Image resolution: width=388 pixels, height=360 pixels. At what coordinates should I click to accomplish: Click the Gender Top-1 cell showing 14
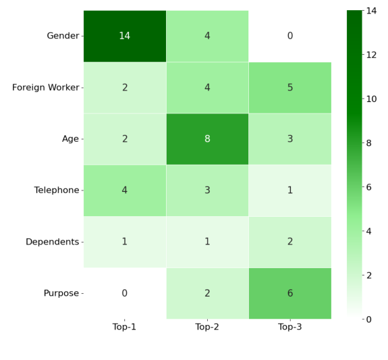click(x=124, y=36)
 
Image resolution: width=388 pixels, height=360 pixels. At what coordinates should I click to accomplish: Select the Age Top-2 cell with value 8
click(x=207, y=139)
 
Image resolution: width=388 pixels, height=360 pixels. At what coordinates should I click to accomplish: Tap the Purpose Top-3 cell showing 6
click(x=290, y=293)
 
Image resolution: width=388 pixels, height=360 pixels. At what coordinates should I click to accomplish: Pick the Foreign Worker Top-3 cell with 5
click(x=290, y=87)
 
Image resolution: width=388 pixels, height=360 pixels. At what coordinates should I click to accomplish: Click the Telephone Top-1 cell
click(x=124, y=190)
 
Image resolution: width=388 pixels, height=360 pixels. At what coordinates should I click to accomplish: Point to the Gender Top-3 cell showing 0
click(x=290, y=36)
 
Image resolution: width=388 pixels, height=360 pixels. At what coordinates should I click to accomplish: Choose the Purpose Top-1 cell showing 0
click(x=124, y=293)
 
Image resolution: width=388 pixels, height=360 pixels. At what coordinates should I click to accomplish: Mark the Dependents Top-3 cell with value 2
click(x=290, y=242)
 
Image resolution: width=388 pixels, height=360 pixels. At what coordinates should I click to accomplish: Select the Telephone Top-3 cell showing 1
click(x=290, y=190)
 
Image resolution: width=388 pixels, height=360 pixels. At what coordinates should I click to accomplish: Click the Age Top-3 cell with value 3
click(x=290, y=139)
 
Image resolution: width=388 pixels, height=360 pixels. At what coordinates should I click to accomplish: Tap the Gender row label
click(x=63, y=36)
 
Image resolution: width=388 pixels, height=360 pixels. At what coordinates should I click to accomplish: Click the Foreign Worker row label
click(x=45, y=87)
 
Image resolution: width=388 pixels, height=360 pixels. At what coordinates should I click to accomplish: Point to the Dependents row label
click(x=52, y=242)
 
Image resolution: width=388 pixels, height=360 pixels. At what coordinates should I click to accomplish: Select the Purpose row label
click(x=61, y=293)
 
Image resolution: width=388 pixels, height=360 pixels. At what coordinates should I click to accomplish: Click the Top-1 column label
click(x=124, y=327)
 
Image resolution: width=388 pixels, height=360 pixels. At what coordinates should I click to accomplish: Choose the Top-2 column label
click(x=207, y=327)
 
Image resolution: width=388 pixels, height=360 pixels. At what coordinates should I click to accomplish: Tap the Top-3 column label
click(x=290, y=327)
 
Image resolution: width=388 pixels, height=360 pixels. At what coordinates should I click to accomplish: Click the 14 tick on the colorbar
click(x=373, y=11)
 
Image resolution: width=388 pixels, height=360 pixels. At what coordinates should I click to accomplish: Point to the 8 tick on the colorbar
click(x=373, y=143)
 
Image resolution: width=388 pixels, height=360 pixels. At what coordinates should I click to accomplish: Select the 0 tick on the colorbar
click(x=373, y=319)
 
